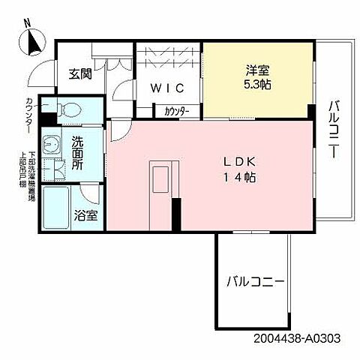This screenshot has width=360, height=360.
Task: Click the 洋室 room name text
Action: pos(256,71)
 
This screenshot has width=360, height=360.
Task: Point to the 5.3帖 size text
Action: pos(256,86)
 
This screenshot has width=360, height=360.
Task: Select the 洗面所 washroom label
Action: pos(78,152)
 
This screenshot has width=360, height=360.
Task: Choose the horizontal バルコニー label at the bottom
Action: pos(255,283)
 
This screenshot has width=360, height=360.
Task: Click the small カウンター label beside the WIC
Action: pos(177,112)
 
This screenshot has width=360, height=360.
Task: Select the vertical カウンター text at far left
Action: pos(28,114)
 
